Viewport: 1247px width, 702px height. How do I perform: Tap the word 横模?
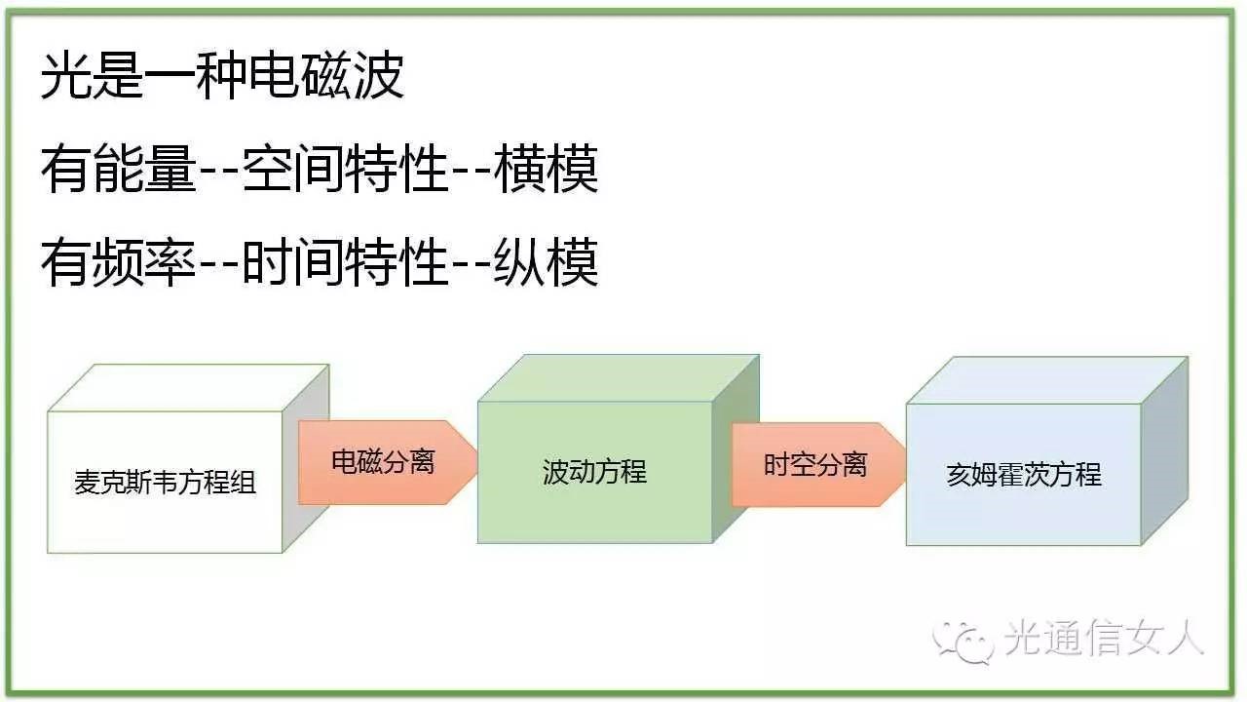[x=547, y=169]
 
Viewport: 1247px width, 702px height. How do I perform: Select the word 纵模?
[x=547, y=262]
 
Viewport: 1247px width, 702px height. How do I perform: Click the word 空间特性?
[x=346, y=169]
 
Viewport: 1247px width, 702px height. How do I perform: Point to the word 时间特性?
[x=346, y=262]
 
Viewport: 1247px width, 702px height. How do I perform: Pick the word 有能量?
[x=119, y=169]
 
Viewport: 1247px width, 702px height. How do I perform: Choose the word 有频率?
[x=119, y=262]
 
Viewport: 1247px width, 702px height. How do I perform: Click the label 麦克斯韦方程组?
[x=166, y=483]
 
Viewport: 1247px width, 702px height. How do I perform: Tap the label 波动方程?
[x=594, y=472]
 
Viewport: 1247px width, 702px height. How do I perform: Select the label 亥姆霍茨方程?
[x=1024, y=475]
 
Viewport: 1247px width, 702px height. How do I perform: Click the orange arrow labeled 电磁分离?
[x=388, y=462]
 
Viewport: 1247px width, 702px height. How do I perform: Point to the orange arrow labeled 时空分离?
[x=819, y=465]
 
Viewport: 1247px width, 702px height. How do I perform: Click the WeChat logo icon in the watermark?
[x=964, y=641]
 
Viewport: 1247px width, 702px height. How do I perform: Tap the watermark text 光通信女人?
[x=1104, y=639]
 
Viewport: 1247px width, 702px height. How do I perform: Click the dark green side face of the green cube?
[x=736, y=449]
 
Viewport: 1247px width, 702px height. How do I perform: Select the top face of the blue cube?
[x=1047, y=380]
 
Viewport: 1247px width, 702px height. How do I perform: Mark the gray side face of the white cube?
[x=306, y=458]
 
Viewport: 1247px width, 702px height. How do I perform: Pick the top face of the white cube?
[x=189, y=388]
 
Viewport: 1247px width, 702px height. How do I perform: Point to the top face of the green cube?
[x=619, y=378]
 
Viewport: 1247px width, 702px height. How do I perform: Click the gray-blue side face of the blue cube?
[x=1164, y=451]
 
